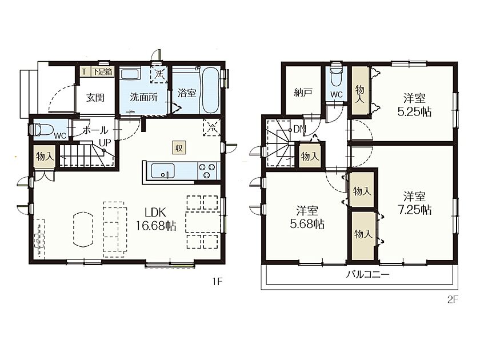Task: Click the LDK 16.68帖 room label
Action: (x=156, y=219)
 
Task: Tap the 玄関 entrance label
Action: (x=95, y=98)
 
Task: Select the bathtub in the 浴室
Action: (x=210, y=90)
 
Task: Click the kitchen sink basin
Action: (x=162, y=171)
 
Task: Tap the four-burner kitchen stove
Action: (x=207, y=171)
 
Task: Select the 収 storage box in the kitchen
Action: (x=179, y=148)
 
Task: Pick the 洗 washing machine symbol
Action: (x=159, y=74)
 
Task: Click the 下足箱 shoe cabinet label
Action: (x=102, y=71)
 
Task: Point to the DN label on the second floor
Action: (x=299, y=130)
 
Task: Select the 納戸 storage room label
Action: (x=303, y=92)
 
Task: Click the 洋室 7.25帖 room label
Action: (x=414, y=203)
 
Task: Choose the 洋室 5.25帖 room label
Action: (x=414, y=105)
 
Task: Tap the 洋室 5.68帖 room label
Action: (x=307, y=218)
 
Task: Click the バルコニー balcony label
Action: (x=367, y=274)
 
